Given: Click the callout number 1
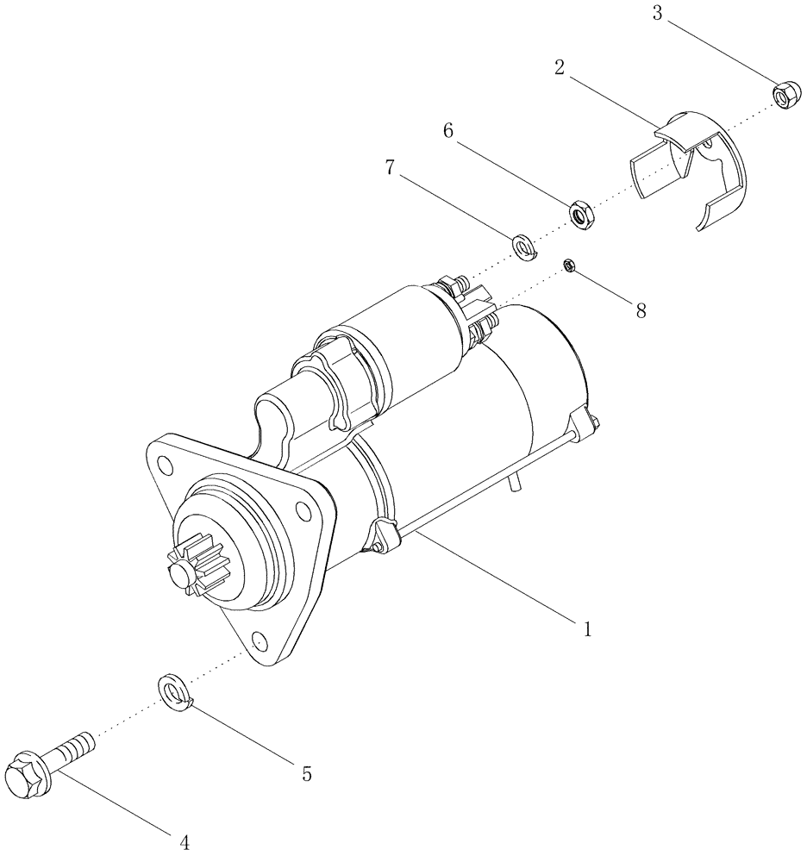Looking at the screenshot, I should [587, 629].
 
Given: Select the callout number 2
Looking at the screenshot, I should [560, 68].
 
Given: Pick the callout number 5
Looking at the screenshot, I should [305, 774].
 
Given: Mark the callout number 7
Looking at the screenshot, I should [390, 168].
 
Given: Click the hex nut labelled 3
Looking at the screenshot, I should [784, 94].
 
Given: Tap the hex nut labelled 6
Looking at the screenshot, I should [582, 214].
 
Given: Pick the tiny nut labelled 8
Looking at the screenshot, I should [570, 265].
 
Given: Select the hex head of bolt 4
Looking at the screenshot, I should [27, 777].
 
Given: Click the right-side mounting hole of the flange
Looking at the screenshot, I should [303, 514].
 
